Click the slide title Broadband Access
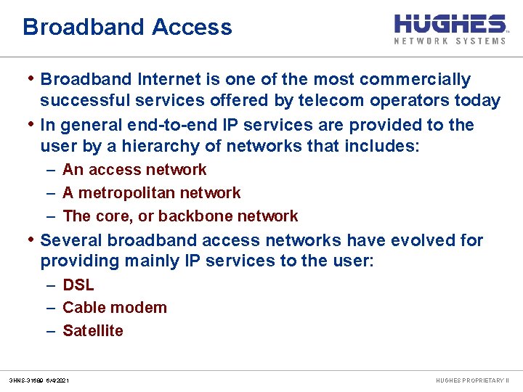pos(127,28)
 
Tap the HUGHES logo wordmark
pos(450,23)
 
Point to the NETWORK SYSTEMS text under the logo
pos(450,41)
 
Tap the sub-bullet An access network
pos(134,170)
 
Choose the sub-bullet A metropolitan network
pos(151,193)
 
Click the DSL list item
pos(78,285)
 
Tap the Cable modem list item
pos(115,308)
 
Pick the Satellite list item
pos(93,331)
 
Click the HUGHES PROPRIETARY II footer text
pos(472,380)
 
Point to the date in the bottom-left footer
pos(57,380)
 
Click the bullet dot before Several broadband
pos(31,239)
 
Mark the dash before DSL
pos(52,285)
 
